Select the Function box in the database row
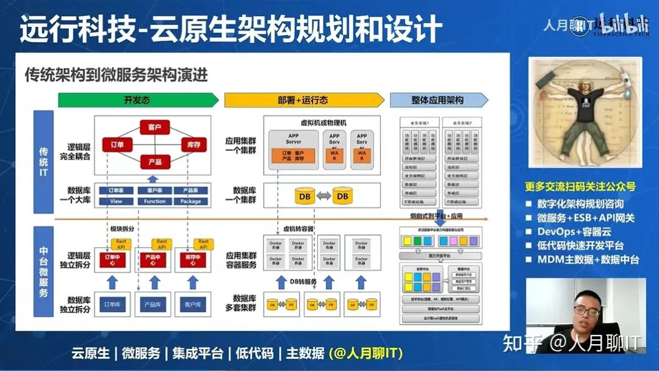tap(155, 201)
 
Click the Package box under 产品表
tap(190, 201)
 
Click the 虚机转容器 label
tap(298, 229)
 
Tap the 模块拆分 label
tap(122, 229)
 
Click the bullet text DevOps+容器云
tap(574, 232)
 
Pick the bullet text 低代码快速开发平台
tap(580, 246)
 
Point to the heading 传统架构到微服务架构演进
tap(117, 75)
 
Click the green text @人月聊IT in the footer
tap(366, 353)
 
